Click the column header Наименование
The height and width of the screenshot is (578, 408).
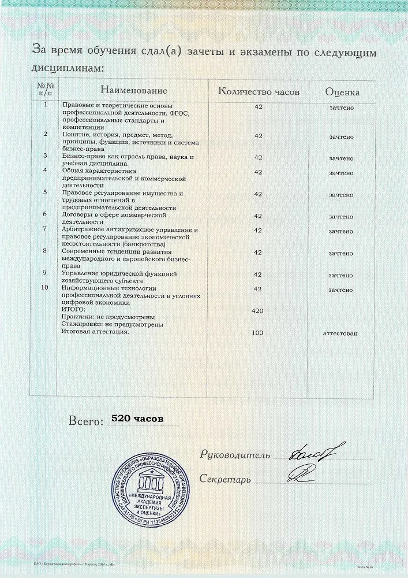(x=133, y=91)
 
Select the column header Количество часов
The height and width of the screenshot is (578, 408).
(x=259, y=92)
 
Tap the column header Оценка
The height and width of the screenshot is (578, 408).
(x=342, y=92)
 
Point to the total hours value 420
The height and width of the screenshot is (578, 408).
(x=258, y=311)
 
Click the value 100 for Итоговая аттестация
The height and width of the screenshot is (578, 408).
(x=258, y=332)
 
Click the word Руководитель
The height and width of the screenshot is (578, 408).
(x=235, y=455)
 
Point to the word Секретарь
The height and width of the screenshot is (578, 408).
(x=225, y=479)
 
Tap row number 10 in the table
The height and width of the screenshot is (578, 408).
(x=46, y=287)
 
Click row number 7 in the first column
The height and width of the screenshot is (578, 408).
(x=46, y=228)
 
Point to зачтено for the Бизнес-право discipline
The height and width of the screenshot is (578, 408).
(x=341, y=158)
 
